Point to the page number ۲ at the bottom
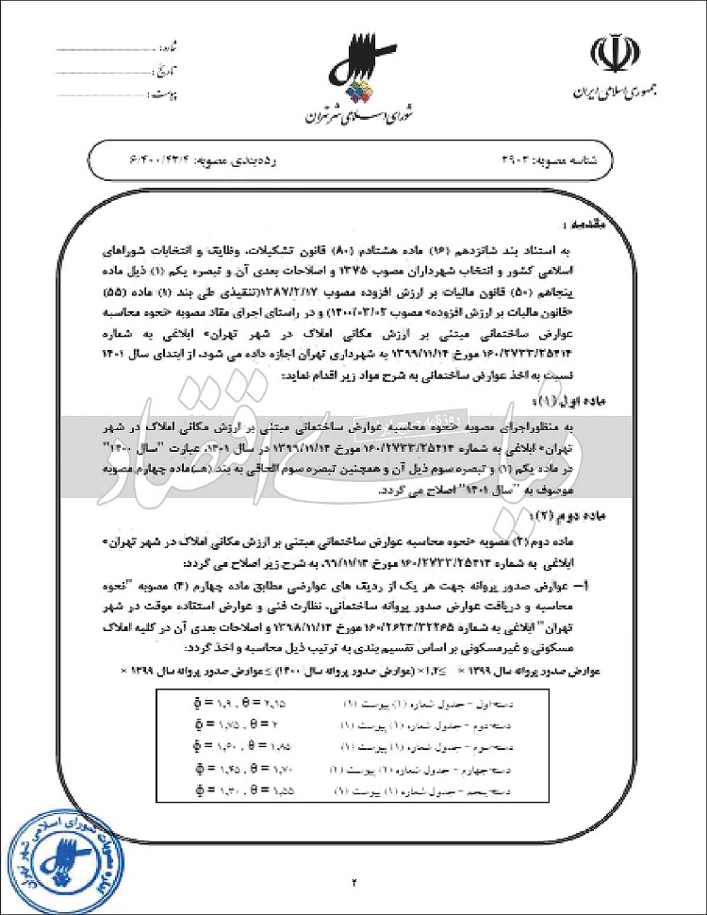pos(355,882)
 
